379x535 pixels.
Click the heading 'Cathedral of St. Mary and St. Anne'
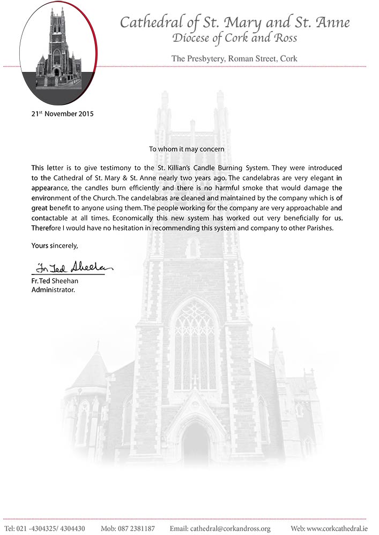click(x=235, y=22)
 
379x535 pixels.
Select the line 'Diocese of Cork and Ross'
click(x=235, y=38)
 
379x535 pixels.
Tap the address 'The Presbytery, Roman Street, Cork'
click(x=234, y=58)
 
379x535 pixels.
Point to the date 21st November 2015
click(x=62, y=114)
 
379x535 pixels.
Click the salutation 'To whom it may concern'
click(x=187, y=148)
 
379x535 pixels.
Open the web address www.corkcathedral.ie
click(x=337, y=529)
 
